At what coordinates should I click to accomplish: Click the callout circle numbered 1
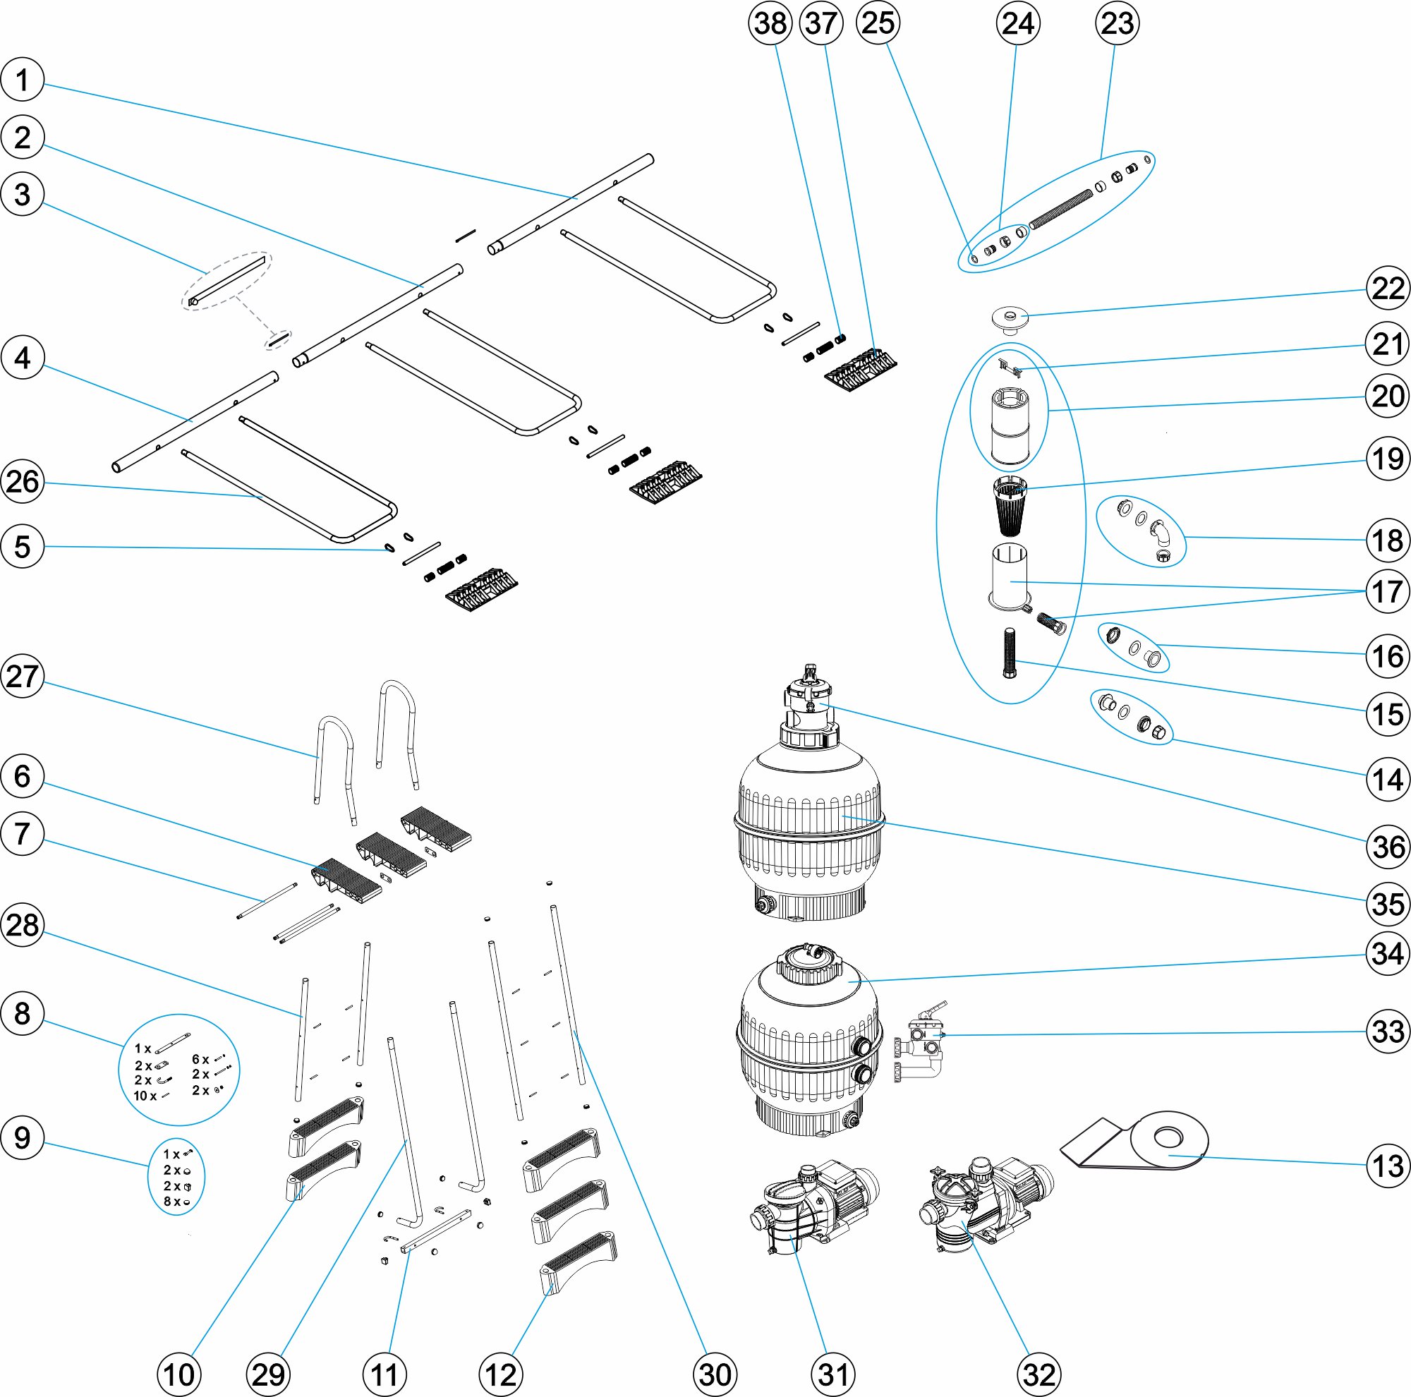click(23, 80)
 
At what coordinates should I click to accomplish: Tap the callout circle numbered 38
click(770, 23)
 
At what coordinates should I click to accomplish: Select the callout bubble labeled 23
click(1117, 23)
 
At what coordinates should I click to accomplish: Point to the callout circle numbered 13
click(1387, 1166)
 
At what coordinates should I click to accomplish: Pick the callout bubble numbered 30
click(714, 1374)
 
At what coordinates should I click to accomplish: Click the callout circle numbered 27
click(23, 676)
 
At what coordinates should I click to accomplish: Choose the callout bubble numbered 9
click(23, 1137)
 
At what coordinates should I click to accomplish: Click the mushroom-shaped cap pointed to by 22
click(1010, 320)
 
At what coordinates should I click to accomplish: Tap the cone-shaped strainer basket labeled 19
click(1010, 504)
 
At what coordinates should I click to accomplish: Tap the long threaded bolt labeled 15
click(1010, 652)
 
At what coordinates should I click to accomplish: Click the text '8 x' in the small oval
click(171, 1202)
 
